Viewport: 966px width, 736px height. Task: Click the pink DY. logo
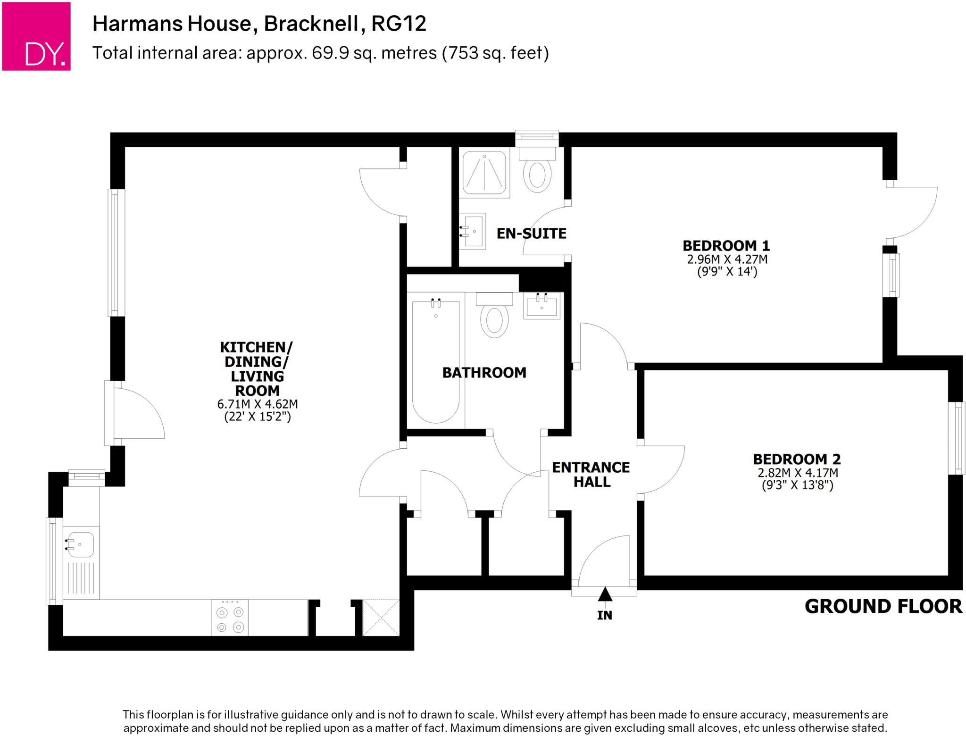(x=36, y=36)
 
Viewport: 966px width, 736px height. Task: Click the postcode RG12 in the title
(x=399, y=24)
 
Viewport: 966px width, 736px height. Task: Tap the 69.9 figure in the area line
(x=330, y=53)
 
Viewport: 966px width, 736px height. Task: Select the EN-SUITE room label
(x=531, y=234)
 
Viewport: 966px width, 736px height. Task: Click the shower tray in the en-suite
(x=484, y=173)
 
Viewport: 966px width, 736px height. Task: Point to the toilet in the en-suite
(x=537, y=174)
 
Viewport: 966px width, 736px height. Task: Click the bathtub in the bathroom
(x=435, y=361)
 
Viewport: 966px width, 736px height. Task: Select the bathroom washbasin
(x=541, y=305)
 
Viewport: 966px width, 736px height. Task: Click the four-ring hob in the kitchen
(x=230, y=619)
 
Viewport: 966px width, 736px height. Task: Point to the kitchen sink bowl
(x=81, y=544)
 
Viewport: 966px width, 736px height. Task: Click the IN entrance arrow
(x=605, y=595)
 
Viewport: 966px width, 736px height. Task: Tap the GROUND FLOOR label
(x=883, y=606)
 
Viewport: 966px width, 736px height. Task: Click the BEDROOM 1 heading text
(x=726, y=246)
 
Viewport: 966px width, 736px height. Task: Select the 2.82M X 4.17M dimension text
(x=798, y=473)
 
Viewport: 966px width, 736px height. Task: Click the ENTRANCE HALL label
(x=591, y=474)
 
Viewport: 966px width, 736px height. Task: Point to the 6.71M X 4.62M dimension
(x=257, y=404)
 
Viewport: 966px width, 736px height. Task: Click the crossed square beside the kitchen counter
(x=381, y=618)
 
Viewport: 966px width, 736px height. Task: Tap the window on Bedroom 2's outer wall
(x=957, y=438)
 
